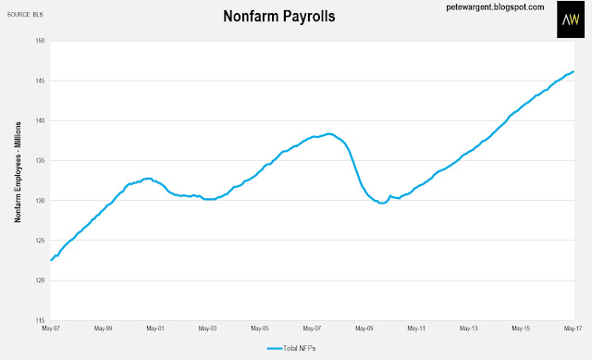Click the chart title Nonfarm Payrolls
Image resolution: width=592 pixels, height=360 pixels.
pyautogui.click(x=279, y=17)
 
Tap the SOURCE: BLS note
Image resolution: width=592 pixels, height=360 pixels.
pyautogui.click(x=25, y=15)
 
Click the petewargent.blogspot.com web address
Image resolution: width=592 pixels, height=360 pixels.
pyautogui.click(x=495, y=7)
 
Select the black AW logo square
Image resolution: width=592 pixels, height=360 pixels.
pyautogui.click(x=571, y=19)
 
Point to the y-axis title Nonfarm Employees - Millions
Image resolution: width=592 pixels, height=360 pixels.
pyautogui.click(x=18, y=172)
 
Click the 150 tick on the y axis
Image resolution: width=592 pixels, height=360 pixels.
pyautogui.click(x=40, y=41)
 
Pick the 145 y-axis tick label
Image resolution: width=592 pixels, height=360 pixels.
pyautogui.click(x=40, y=81)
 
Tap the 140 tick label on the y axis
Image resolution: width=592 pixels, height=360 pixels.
pyautogui.click(x=40, y=121)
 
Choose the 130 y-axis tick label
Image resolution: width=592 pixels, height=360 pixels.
pyautogui.click(x=40, y=201)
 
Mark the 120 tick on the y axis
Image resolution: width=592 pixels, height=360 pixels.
pyautogui.click(x=40, y=280)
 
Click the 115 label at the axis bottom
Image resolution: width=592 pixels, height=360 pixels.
pyautogui.click(x=40, y=320)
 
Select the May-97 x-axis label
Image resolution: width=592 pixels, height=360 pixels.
pyautogui.click(x=51, y=329)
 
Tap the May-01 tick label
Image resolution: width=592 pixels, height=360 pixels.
pyautogui.click(x=155, y=329)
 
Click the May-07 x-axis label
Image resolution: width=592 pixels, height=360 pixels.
pyautogui.click(x=312, y=329)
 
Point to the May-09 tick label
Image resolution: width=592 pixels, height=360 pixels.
pyautogui.click(x=364, y=329)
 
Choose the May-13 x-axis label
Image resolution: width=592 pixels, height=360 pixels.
pyautogui.click(x=469, y=329)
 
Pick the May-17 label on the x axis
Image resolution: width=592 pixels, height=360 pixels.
pyautogui.click(x=573, y=329)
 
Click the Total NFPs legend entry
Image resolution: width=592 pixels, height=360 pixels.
pyautogui.click(x=291, y=348)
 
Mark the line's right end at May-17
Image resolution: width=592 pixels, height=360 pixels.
pyautogui.click(x=573, y=71)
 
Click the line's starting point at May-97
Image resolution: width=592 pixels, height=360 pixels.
pyautogui.click(x=51, y=260)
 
